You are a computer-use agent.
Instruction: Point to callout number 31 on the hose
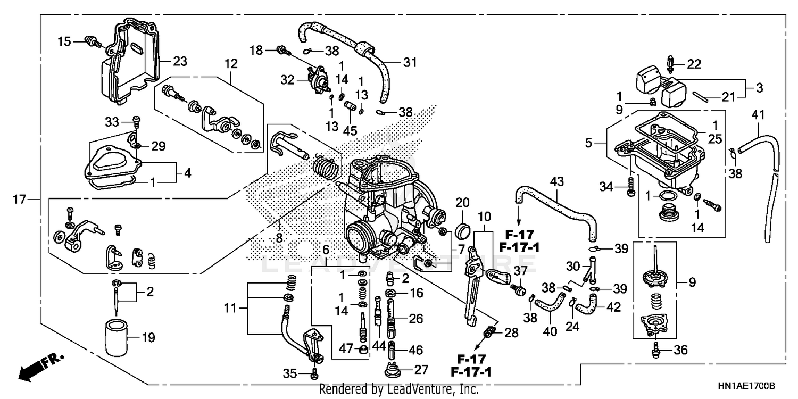point(409,63)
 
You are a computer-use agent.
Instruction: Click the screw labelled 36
point(655,350)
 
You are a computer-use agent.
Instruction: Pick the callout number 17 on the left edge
point(20,200)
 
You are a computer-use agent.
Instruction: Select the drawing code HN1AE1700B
point(745,385)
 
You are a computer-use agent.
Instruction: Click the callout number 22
point(694,65)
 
